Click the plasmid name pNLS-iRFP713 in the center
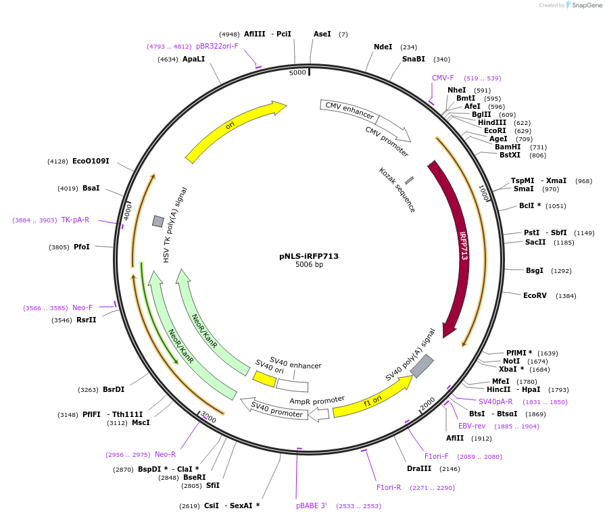309,256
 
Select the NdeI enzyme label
383,47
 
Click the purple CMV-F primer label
443,78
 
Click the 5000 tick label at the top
297,72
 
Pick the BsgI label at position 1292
535,270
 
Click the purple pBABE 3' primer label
312,505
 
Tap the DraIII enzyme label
419,468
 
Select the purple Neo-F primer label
82,307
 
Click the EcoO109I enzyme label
91,161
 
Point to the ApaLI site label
193,59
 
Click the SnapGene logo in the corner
583,5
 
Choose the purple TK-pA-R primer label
75,220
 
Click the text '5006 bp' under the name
309,265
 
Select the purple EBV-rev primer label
472,426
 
